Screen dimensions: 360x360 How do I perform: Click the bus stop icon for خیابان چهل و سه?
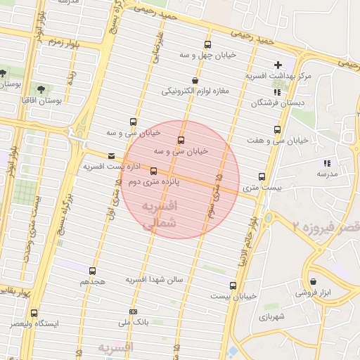pyautogui.click(x=207, y=44)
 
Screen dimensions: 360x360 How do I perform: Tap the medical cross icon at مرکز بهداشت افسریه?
pyautogui.click(x=279, y=65)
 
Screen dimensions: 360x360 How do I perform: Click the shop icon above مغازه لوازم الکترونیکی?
pyautogui.click(x=195, y=81)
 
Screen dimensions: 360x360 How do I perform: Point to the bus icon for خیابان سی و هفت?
pyautogui.click(x=278, y=129)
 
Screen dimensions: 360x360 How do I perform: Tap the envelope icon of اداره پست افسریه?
pyautogui.click(x=110, y=156)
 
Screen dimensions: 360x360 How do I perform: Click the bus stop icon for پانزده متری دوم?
pyautogui.click(x=153, y=171)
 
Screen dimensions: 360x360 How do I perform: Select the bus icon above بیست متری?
pyautogui.click(x=262, y=177)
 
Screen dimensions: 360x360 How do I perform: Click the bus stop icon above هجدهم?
pyautogui.click(x=92, y=271)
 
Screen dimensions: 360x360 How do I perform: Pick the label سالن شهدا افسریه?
pyautogui.click(x=154, y=279)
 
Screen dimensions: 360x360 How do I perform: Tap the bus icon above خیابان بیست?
pyautogui.click(x=233, y=285)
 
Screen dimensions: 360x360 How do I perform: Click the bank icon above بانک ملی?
pyautogui.click(x=133, y=311)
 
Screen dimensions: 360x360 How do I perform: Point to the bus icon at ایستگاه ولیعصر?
pyautogui.click(x=34, y=313)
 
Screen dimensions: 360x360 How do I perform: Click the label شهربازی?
pyautogui.click(x=283, y=317)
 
